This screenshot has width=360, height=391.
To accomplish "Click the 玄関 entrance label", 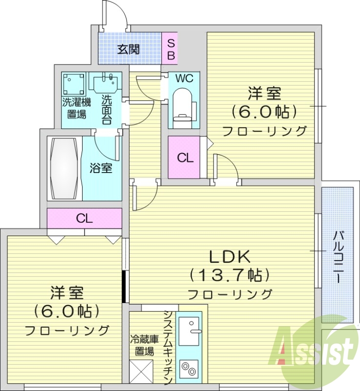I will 128,49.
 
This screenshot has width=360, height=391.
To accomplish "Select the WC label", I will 184,78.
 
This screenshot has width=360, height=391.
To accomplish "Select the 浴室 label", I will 101,169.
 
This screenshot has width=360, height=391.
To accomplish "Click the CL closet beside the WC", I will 185,158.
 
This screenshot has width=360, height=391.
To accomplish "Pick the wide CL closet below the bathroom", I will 85,218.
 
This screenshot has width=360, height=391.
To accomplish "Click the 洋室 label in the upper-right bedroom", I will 265,92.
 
